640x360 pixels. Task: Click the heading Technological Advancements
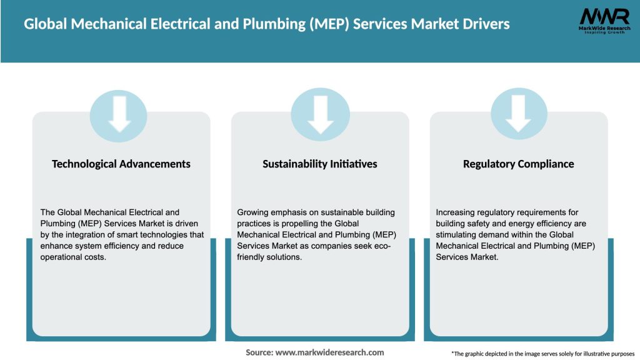click(x=121, y=164)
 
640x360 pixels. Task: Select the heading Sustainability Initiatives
click(x=319, y=164)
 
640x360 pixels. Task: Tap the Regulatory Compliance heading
click(x=518, y=164)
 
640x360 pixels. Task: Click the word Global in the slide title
click(x=46, y=24)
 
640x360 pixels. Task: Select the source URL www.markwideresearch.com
click(x=330, y=352)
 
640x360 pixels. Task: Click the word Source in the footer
click(x=259, y=352)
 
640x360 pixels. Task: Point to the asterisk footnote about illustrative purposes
click(x=542, y=354)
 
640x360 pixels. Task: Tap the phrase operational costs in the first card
click(x=74, y=257)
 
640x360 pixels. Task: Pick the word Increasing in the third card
click(x=455, y=212)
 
